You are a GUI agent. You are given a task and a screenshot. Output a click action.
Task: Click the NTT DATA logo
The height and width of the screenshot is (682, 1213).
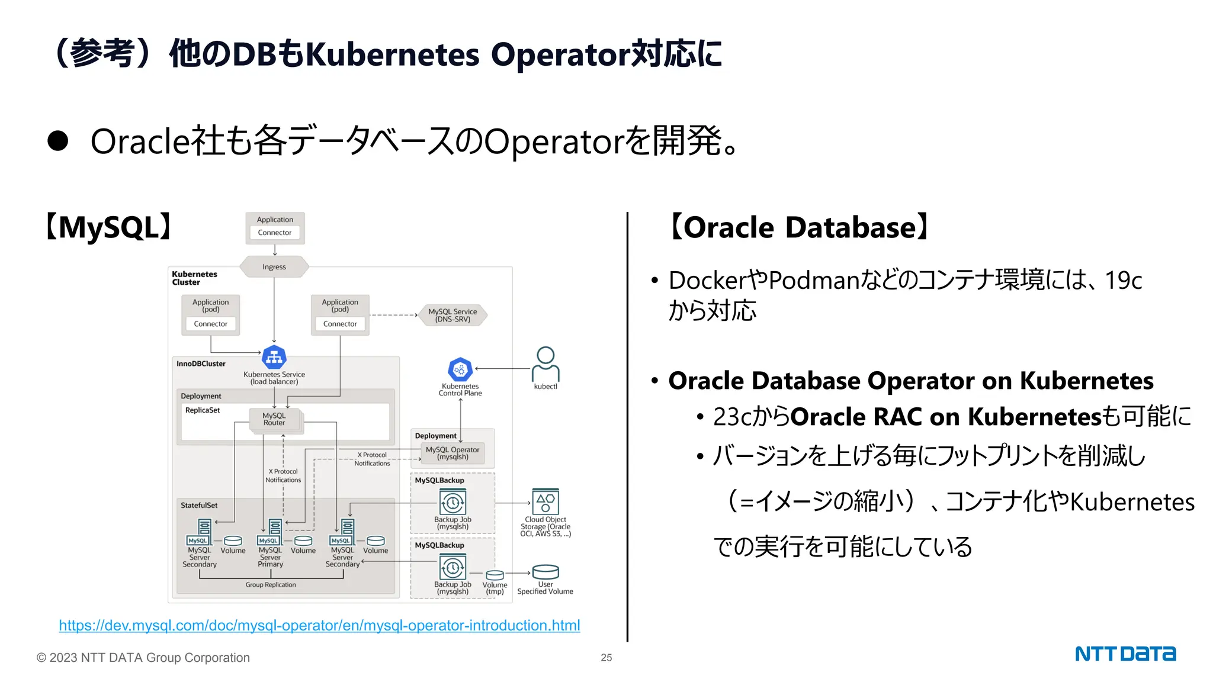(x=1125, y=654)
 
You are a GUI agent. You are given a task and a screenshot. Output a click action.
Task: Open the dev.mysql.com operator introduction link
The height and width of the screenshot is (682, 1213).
(x=319, y=626)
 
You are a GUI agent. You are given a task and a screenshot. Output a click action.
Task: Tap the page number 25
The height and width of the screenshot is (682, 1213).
(x=606, y=658)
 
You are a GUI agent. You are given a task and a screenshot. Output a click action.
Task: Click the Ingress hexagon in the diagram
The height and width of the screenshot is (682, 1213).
(x=274, y=267)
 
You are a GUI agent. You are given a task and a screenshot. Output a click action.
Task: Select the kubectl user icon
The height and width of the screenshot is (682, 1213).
(x=545, y=365)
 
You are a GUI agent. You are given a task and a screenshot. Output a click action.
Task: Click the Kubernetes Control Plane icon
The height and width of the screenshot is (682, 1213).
(x=460, y=369)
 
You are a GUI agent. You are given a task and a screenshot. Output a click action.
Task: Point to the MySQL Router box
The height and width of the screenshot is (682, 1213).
(x=274, y=419)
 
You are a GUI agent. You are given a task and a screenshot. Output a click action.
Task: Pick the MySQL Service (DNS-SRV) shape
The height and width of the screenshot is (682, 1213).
(x=453, y=315)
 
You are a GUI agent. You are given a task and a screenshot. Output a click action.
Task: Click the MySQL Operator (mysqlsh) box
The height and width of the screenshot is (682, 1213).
(x=453, y=453)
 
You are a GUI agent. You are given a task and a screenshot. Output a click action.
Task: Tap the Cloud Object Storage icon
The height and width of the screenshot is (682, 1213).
(x=545, y=501)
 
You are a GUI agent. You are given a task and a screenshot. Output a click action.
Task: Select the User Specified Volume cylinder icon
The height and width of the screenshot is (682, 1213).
(x=545, y=572)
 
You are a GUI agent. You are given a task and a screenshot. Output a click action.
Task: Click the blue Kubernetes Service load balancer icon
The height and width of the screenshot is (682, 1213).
(x=274, y=357)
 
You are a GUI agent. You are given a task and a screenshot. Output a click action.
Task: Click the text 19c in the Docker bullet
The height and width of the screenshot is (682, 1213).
(x=1123, y=281)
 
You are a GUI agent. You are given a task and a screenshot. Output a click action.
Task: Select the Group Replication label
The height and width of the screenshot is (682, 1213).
(x=271, y=585)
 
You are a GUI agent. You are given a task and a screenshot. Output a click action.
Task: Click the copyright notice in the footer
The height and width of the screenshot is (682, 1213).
(x=143, y=658)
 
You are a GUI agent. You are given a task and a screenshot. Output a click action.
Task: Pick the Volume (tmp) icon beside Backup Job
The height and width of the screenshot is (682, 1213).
(x=495, y=575)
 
